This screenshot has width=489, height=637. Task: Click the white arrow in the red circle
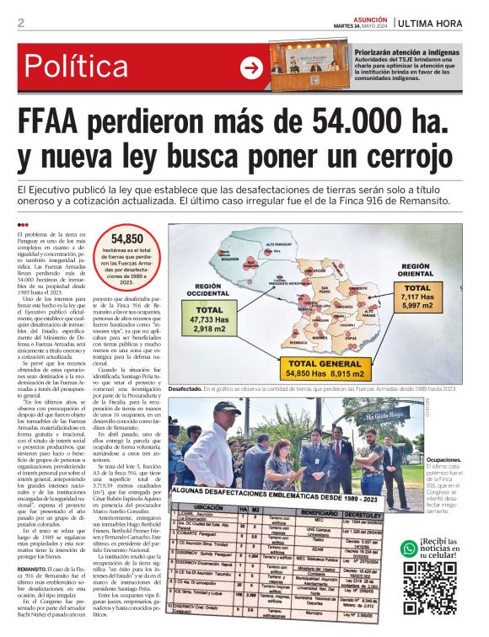pyautogui.click(x=251, y=68)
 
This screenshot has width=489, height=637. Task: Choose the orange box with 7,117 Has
pyautogui.click(x=427, y=299)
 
